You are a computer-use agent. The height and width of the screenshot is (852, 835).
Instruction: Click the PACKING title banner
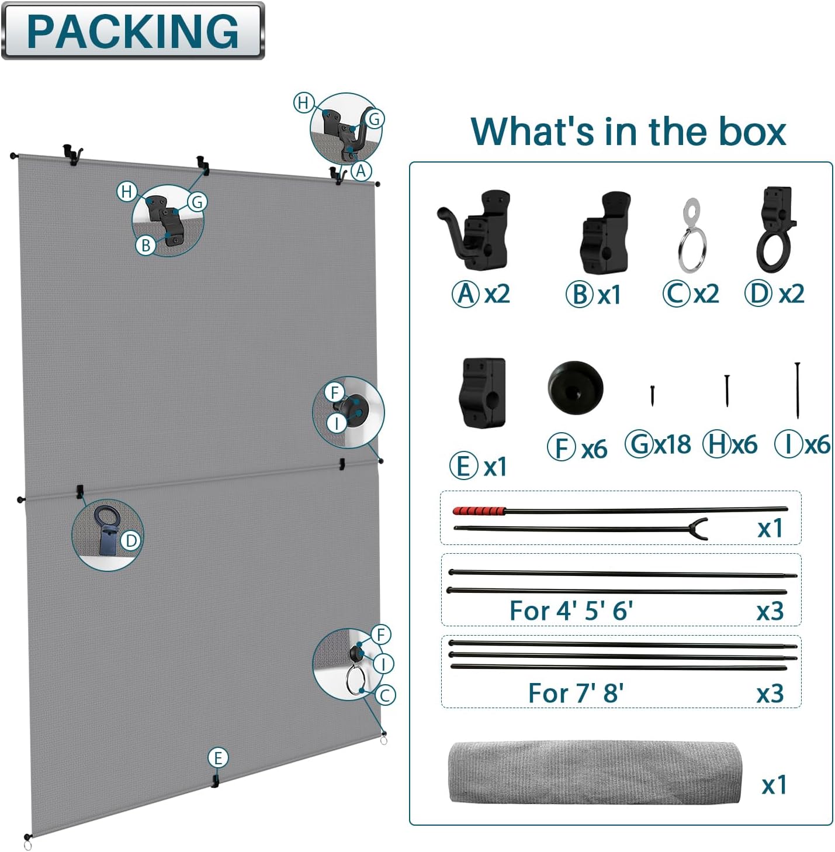pyautogui.click(x=133, y=31)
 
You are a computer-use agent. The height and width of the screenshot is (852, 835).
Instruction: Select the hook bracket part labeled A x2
pyautogui.click(x=474, y=231)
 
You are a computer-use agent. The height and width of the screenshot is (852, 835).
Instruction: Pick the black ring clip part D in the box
pyautogui.click(x=775, y=230)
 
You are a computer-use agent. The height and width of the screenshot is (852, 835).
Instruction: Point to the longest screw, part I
pyautogui.click(x=797, y=390)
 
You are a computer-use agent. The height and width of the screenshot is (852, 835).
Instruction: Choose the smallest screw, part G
pyautogui.click(x=652, y=395)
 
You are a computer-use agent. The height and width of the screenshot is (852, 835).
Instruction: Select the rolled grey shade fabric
pyautogui.click(x=595, y=772)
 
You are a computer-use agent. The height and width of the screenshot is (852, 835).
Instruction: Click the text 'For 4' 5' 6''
pyautogui.click(x=571, y=610)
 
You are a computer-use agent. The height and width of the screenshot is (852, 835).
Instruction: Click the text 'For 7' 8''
pyautogui.click(x=576, y=694)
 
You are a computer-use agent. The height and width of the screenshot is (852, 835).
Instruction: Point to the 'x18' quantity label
pyautogui.click(x=673, y=445)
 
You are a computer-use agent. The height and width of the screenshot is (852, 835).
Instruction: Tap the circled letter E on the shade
pyautogui.click(x=217, y=758)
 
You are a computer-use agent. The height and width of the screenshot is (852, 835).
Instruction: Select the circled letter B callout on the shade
pyautogui.click(x=145, y=245)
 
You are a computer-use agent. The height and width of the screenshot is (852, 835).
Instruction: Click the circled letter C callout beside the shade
pyautogui.click(x=384, y=695)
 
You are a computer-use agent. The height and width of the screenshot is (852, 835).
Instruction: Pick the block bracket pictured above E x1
pyautogui.click(x=482, y=394)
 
